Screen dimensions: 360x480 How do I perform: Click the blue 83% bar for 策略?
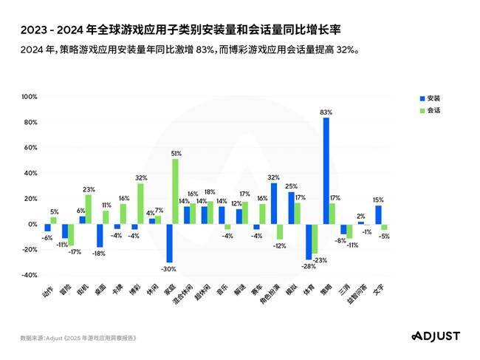[326, 171]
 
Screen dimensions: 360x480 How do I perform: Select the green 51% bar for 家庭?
[176, 191]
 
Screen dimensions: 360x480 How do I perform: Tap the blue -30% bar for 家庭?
[169, 242]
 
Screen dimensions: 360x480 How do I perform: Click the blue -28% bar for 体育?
[309, 241]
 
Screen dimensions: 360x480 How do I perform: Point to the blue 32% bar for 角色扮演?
[274, 203]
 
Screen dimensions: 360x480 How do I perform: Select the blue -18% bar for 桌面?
[99, 235]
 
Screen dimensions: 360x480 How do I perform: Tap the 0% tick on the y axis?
[32, 224]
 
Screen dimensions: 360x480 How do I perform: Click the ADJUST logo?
[433, 336]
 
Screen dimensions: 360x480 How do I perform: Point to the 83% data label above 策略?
[326, 112]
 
